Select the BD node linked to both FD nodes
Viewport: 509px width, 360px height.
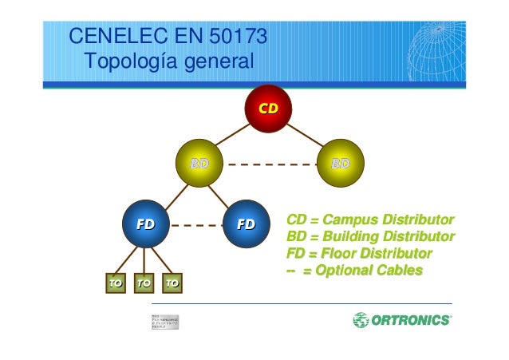coord(199,164)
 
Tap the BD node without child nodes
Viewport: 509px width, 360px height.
coord(340,164)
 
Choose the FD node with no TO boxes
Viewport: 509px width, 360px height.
coord(246,224)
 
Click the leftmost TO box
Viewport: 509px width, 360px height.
coord(116,283)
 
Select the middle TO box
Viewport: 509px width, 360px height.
coord(144,283)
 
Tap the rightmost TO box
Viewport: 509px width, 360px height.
coord(172,283)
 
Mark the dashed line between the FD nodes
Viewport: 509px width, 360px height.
coord(195,225)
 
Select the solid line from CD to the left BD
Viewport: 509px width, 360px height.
coord(233,134)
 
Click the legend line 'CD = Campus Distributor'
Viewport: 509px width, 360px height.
coord(370,220)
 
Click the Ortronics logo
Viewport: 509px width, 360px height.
coord(401,321)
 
